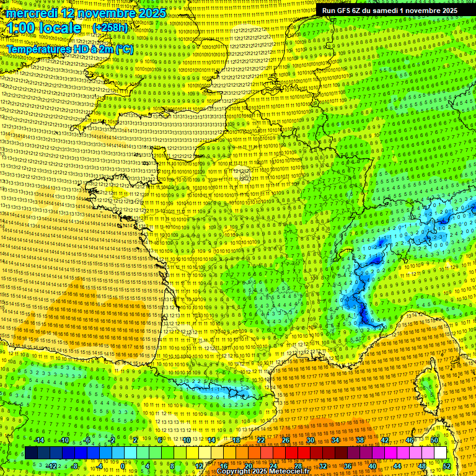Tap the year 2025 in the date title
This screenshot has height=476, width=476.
151,13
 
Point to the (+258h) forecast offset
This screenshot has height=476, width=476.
110,28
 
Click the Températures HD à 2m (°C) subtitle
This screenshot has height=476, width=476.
69,48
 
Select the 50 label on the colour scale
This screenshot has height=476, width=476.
434,440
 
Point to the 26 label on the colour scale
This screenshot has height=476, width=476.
286,440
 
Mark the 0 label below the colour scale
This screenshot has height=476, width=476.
124,465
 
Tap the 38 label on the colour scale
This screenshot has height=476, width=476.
360,440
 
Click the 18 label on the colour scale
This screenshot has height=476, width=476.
236,440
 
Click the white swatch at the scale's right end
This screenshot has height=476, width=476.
440,453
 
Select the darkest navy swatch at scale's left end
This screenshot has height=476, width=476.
31,453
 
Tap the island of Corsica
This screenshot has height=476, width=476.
428,384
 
